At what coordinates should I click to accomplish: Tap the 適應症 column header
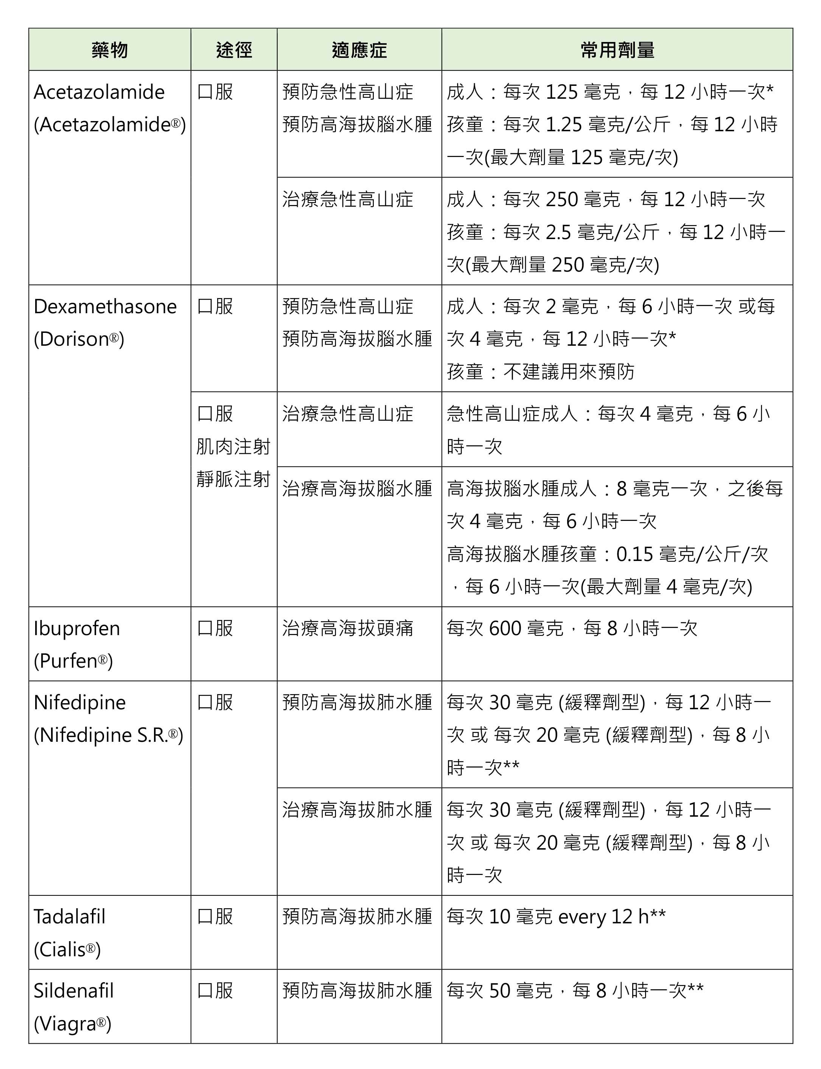coord(359,50)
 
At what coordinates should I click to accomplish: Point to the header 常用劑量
coord(617,50)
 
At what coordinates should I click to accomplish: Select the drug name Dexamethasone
coord(105,306)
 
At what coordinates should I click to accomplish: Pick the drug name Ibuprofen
coord(77,628)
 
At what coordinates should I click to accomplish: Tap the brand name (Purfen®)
coord(73,661)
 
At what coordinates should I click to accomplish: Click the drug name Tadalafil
coord(69,917)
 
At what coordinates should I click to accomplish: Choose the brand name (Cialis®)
coord(67,949)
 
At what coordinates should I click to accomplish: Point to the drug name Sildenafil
coord(73,991)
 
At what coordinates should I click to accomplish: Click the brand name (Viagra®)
coord(72,1024)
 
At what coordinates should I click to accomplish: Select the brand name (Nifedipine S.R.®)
coord(109,735)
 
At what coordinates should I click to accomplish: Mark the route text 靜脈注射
coord(233,479)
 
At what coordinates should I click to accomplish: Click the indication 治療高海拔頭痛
coord(347,628)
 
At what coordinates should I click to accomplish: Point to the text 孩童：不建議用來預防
coord(540,372)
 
